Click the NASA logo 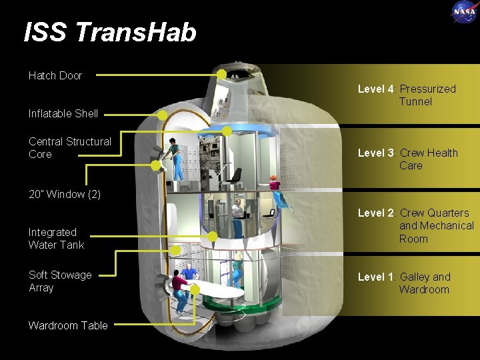point(464,11)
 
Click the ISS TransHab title point(110,32)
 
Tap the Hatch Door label point(55,75)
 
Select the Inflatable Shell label point(63,113)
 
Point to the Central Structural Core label point(70,147)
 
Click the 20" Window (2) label point(65,194)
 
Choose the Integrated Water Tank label point(56,239)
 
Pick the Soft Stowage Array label point(60,281)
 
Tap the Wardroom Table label point(68,325)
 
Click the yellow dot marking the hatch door point(221,74)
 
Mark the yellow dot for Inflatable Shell point(162,115)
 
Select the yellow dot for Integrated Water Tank point(212,236)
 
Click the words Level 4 point(376,89)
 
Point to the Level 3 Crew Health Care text point(408,159)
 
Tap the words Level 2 point(376,213)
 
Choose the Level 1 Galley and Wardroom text point(405,283)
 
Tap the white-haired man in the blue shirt point(189,273)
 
